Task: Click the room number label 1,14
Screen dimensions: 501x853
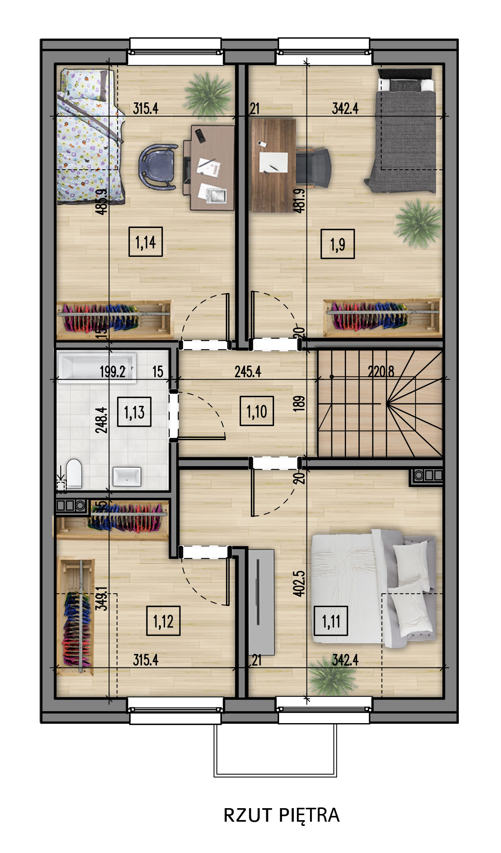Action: [145, 242]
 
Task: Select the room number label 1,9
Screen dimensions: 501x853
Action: [337, 244]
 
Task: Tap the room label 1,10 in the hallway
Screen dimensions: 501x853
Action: [257, 411]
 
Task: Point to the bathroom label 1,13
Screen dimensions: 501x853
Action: [134, 412]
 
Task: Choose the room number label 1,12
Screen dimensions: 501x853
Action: [163, 621]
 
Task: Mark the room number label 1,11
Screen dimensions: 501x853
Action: [331, 621]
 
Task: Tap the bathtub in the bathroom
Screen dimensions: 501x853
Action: [97, 366]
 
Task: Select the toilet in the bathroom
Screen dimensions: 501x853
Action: [74, 473]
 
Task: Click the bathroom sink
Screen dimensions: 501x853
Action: [127, 477]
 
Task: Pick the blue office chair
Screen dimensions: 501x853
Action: [157, 167]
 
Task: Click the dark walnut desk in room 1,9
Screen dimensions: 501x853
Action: [273, 165]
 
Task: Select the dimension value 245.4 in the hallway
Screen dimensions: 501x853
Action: [248, 372]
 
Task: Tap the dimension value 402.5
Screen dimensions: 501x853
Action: [299, 584]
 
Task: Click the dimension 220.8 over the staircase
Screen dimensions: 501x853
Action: [381, 372]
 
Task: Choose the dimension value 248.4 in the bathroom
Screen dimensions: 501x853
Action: [101, 420]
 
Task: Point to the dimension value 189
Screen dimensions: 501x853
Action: [299, 403]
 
